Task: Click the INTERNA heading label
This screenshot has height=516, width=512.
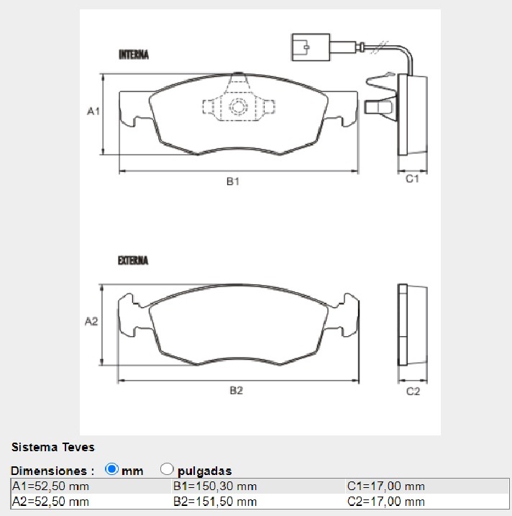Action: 133,55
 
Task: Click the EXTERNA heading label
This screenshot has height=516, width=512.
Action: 133,261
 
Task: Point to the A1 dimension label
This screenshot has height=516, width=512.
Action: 92,112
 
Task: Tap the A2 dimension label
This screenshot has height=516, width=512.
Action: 91,322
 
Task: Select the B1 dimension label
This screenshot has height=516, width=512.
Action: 232,182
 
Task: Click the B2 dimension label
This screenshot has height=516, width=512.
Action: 236,391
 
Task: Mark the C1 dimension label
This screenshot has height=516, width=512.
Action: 412,179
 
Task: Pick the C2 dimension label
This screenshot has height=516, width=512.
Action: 413,391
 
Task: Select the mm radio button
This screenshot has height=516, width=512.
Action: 111,469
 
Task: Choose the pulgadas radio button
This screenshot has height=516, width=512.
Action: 167,469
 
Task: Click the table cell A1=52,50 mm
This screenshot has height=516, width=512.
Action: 50,486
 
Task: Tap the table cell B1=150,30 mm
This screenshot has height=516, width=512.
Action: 215,486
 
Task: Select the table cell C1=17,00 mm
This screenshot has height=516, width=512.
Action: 385,486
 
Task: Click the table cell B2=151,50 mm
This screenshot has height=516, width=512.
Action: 215,502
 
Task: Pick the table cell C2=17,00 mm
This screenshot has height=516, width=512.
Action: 385,502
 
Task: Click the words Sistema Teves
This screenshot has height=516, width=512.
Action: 52,447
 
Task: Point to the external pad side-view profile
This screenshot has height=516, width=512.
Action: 413,326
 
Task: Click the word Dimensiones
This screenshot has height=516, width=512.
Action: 52,471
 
